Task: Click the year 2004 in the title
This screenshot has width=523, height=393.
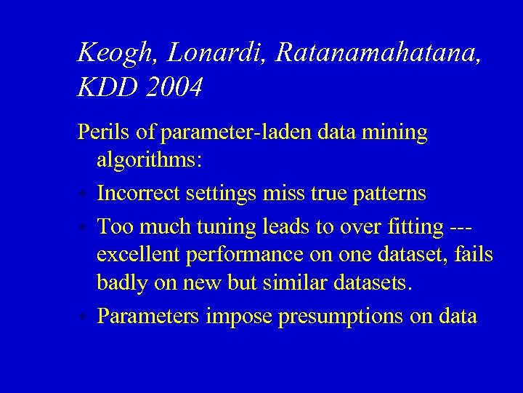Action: [174, 87]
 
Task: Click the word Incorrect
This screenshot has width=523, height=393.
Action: [139, 194]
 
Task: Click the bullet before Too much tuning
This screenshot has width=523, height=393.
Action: [84, 228]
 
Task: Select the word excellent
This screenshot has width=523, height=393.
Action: [140, 256]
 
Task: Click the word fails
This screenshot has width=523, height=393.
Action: [474, 255]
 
